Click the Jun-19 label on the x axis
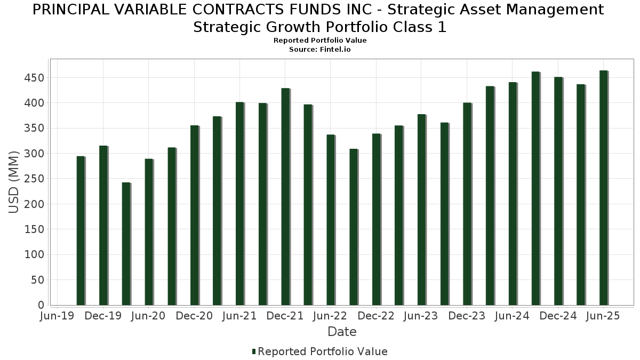(x=58, y=316)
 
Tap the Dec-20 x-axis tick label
(x=194, y=316)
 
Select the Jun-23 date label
(x=421, y=316)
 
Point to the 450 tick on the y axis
(x=34, y=78)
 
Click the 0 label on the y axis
(x=41, y=305)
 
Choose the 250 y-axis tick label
(x=34, y=179)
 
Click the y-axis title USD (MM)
(x=14, y=182)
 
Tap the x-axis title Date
(x=342, y=332)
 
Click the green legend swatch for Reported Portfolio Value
(x=254, y=351)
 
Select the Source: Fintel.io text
(x=320, y=49)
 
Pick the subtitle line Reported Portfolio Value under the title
(x=320, y=41)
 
